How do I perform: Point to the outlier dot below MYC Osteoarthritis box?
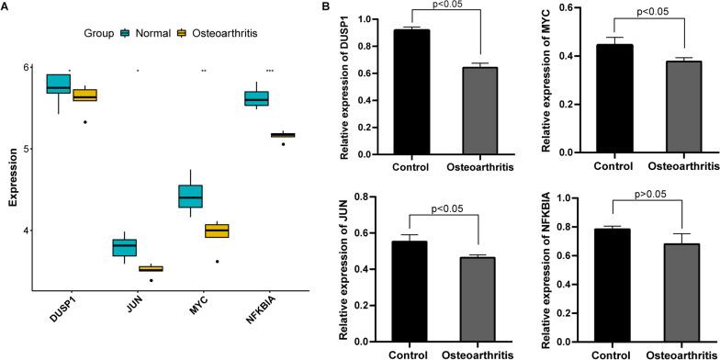pyautogui.click(x=217, y=262)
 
